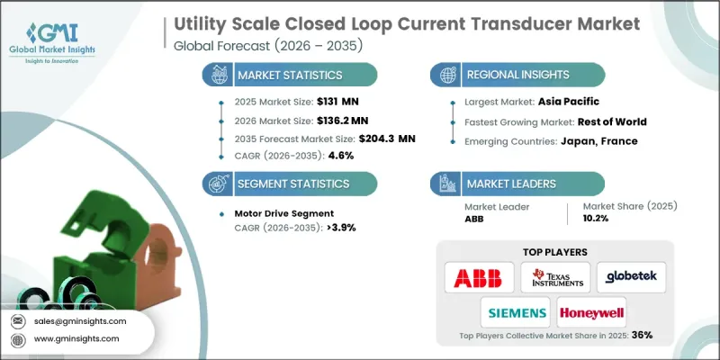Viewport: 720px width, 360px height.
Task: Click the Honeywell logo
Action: (591, 311)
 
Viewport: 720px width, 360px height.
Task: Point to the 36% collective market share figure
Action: (641, 335)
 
